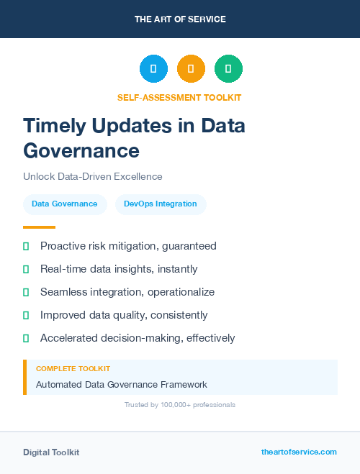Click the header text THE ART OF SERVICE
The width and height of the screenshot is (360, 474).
click(180, 19)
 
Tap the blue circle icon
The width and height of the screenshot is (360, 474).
click(153, 68)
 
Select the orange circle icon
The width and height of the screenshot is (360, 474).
click(191, 68)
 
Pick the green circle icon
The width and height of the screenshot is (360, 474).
click(228, 68)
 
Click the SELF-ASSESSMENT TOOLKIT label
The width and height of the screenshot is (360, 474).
click(179, 97)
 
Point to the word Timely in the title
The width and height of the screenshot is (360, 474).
click(54, 126)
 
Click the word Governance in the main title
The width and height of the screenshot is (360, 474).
click(81, 150)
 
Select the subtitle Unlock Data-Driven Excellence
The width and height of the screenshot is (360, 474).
click(92, 176)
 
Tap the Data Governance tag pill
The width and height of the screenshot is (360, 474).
click(65, 204)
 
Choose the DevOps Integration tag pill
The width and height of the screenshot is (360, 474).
click(161, 204)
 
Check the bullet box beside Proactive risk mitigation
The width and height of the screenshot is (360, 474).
click(26, 246)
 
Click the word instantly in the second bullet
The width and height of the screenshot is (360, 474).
click(176, 269)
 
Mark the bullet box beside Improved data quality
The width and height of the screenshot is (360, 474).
click(26, 315)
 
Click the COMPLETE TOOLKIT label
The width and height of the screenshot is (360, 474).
click(73, 368)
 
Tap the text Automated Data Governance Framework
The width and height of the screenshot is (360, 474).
click(121, 384)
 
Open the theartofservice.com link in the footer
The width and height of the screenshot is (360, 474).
click(299, 452)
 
